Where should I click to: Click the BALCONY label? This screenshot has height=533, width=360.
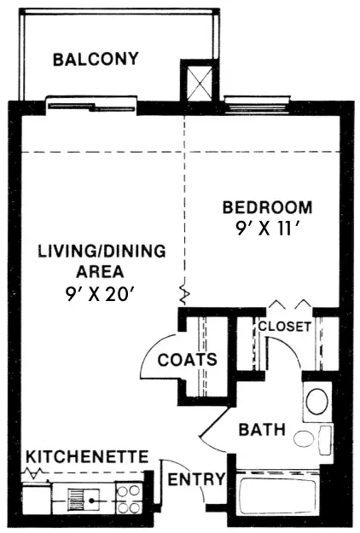coord(96,59)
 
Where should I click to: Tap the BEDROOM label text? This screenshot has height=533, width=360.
coord(267,207)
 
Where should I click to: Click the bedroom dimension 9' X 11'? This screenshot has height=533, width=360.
coord(267,229)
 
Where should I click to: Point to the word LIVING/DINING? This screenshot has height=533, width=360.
coord(102,252)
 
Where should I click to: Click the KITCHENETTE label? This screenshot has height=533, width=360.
coord(87,456)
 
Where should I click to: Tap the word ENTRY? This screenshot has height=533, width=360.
coord(196,479)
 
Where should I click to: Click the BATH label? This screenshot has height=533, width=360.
coord(262,430)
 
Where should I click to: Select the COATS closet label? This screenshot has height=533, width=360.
coord(188,360)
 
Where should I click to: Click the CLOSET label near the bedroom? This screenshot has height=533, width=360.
coord(285,327)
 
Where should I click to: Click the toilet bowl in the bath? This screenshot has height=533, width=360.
coord(305,438)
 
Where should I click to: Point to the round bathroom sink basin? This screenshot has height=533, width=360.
coord(316,401)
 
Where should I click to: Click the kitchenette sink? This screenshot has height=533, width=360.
coord(84,500)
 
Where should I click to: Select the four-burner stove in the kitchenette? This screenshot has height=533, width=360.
coord(129,499)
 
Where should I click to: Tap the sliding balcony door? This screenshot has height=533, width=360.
coord(91,107)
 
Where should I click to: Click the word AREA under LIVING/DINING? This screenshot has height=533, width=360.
coord(100,272)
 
